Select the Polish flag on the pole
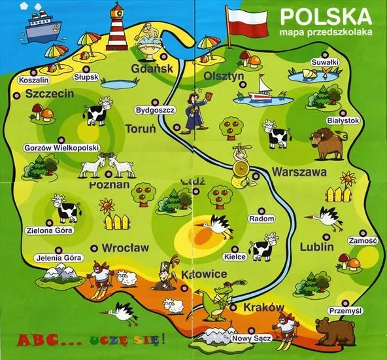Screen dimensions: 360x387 coord(246,22)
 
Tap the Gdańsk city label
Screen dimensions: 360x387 coord(151,69)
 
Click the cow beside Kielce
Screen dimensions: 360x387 coord(263,248)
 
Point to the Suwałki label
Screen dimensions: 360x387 coord(324,62)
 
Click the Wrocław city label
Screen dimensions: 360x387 coord(126,248)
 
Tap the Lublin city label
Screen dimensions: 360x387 coord(316,247)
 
